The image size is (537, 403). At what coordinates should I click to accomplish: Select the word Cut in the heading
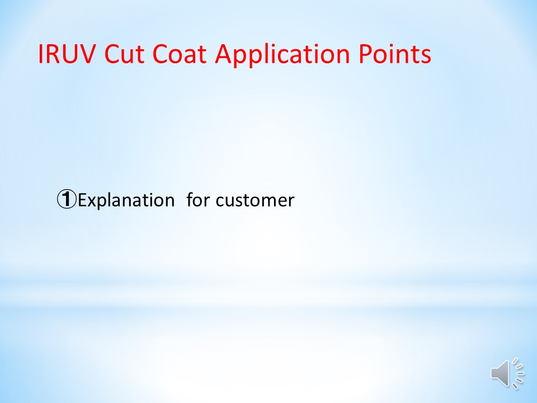124,54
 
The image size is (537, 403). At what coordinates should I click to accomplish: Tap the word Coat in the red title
179,54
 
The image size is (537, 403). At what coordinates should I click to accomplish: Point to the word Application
282,55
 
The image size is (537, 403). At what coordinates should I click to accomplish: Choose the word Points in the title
395,54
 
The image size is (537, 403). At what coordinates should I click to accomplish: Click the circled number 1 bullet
67,200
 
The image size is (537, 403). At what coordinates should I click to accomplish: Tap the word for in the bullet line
198,200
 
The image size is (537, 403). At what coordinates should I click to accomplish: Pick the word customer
255,201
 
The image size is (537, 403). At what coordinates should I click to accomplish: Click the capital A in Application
225,54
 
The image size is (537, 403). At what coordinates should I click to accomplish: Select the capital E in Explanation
83,200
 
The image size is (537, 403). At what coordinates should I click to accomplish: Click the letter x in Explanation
92,202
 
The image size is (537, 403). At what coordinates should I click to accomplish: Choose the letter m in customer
265,202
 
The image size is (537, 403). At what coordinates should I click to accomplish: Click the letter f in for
190,200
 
